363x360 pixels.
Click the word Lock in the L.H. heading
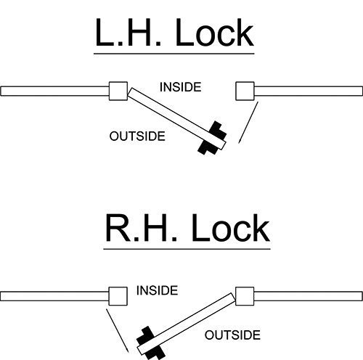pyautogui.click(x=215, y=33)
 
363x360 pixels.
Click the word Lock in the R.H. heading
pyautogui.click(x=231, y=228)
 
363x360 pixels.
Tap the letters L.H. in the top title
pyautogui.click(x=128, y=33)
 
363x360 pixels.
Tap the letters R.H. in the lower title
pyautogui.click(x=142, y=228)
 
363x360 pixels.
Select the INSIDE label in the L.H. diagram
pyautogui.click(x=181, y=87)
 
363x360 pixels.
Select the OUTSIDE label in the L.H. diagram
pyautogui.click(x=137, y=136)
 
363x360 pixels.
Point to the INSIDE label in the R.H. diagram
pyautogui.click(x=158, y=290)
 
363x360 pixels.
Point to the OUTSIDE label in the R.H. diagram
pyautogui.click(x=232, y=335)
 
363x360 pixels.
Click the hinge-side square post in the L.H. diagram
pyautogui.click(x=118, y=91)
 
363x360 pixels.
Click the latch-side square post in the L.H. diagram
pyautogui.click(x=245, y=91)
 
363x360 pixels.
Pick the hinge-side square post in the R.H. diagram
pyautogui.click(x=245, y=296)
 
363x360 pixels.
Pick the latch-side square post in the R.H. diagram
pyautogui.click(x=118, y=296)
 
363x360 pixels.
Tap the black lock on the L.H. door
pyautogui.click(x=212, y=138)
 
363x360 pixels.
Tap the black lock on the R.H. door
pyautogui.click(x=151, y=343)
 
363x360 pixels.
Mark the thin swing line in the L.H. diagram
pyautogui.click(x=248, y=123)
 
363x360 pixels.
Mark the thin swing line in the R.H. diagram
pyautogui.click(x=118, y=330)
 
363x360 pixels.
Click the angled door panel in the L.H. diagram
pyautogui.click(x=177, y=119)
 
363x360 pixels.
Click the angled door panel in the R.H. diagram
pyautogui.click(x=187, y=324)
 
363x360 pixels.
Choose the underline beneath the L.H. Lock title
pyautogui.click(x=174, y=54)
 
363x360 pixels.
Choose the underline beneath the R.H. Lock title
pyautogui.click(x=187, y=249)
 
